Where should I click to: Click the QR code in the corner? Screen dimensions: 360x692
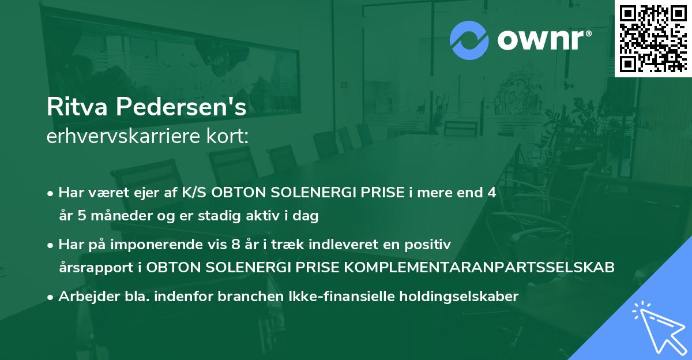click(x=652, y=38)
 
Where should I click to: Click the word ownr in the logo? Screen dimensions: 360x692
click(x=543, y=39)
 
